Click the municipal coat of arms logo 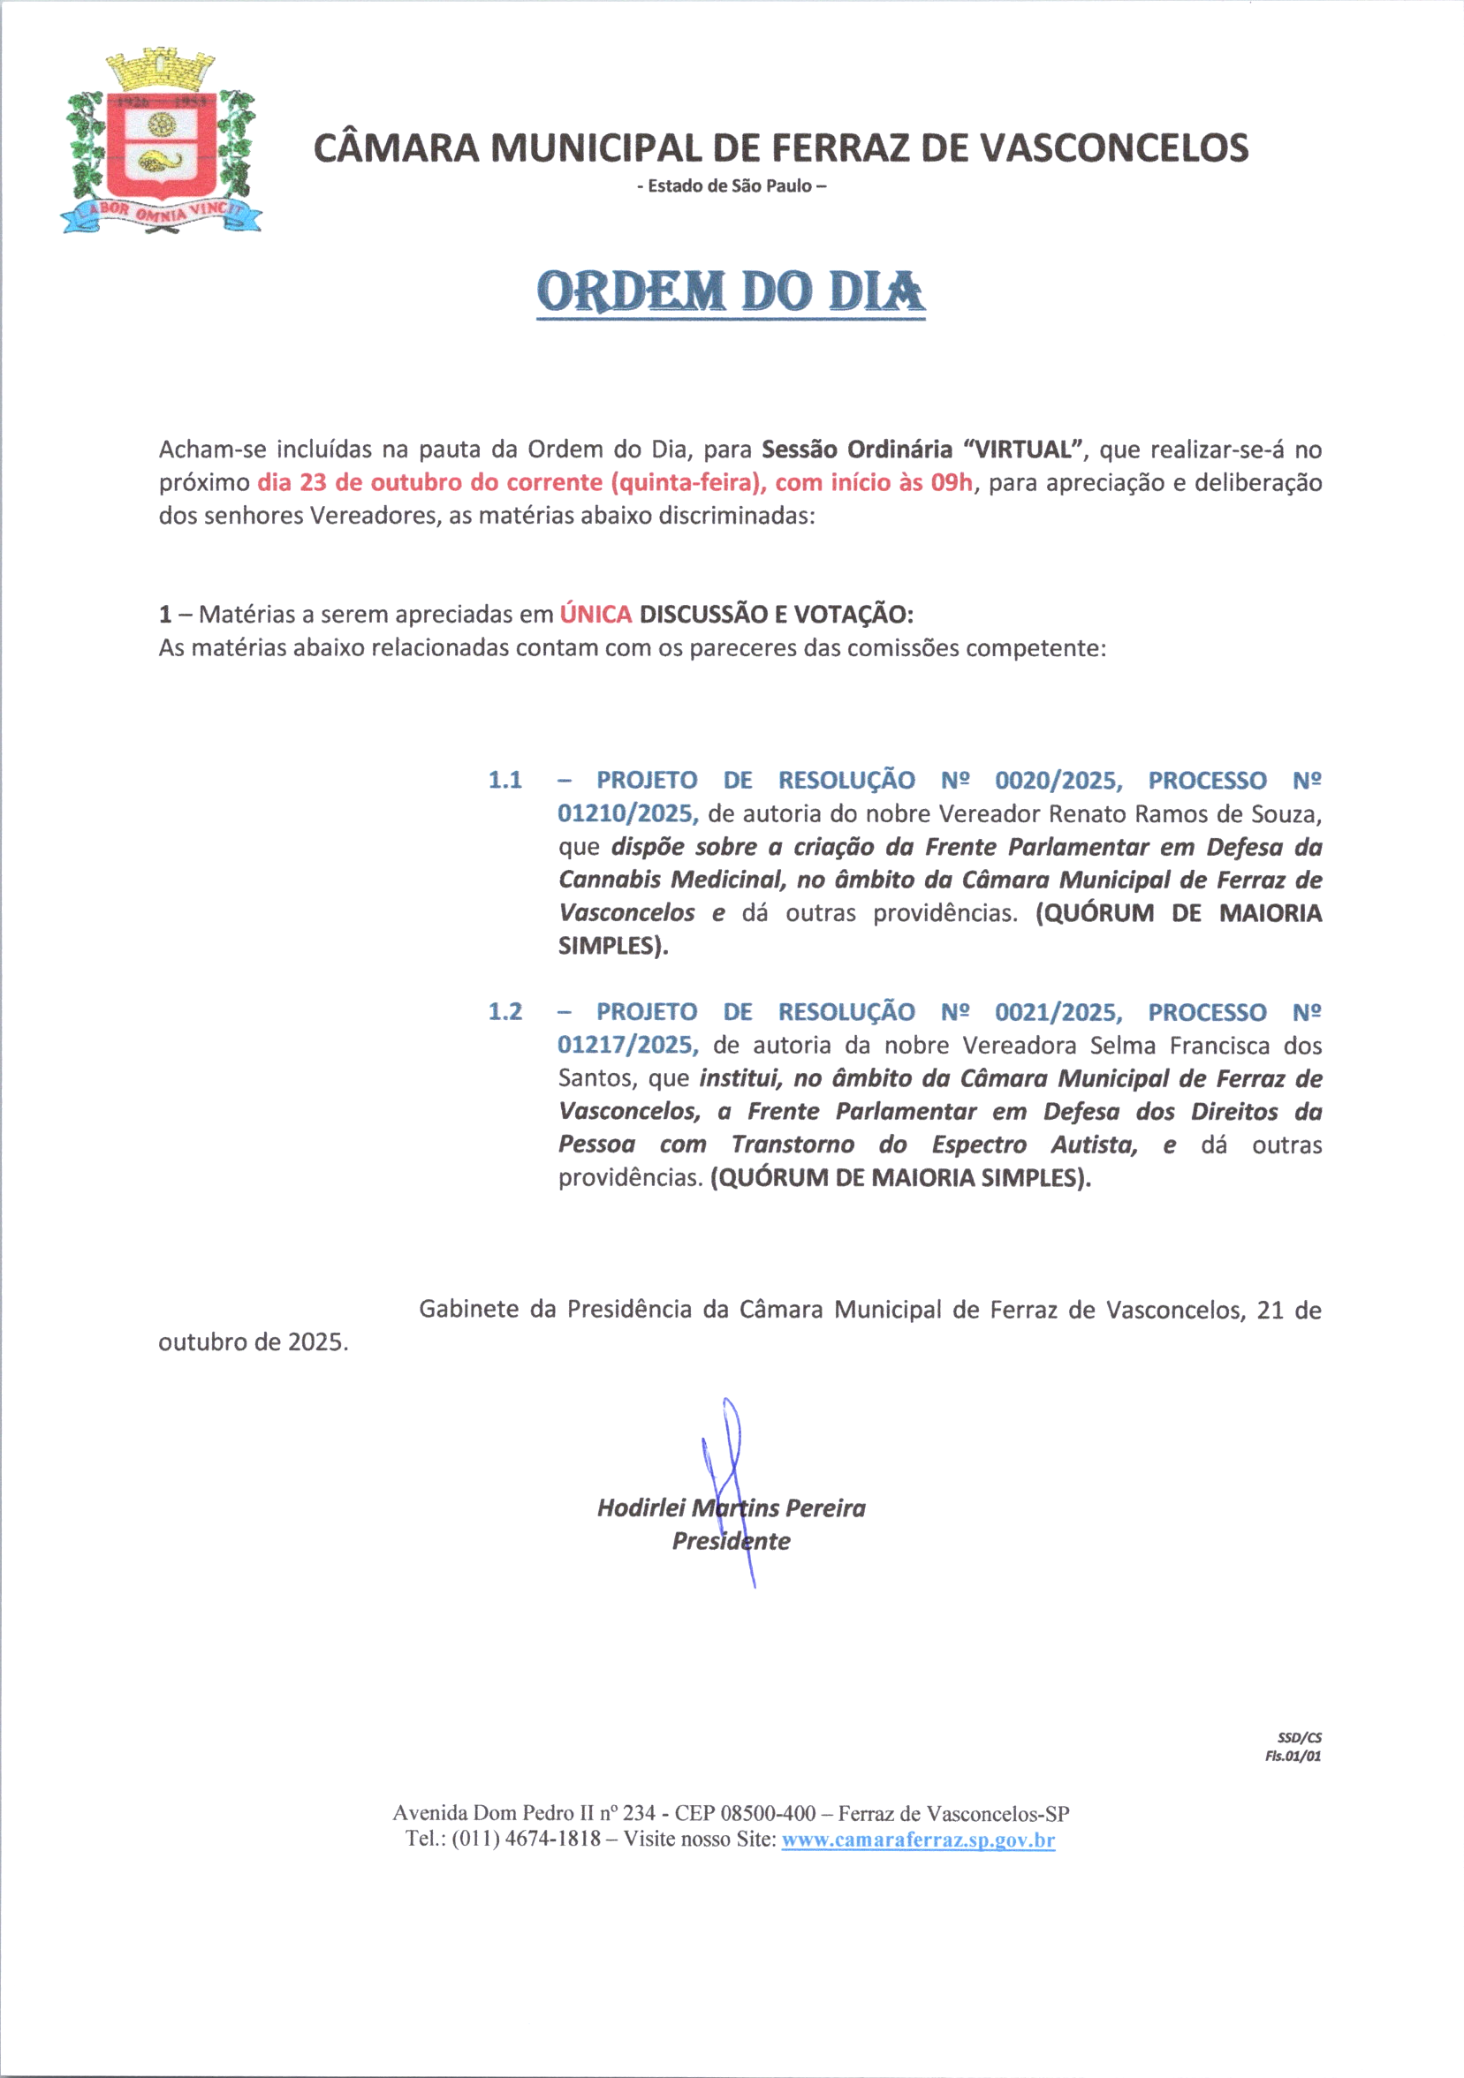point(161,142)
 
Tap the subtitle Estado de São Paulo point(732,186)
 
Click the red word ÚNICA point(595,615)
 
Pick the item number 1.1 point(505,780)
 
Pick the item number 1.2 point(505,1012)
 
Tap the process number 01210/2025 point(627,813)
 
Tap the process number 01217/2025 point(627,1046)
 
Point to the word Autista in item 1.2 point(1094,1145)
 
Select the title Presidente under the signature point(731,1541)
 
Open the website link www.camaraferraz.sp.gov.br point(918,1840)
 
